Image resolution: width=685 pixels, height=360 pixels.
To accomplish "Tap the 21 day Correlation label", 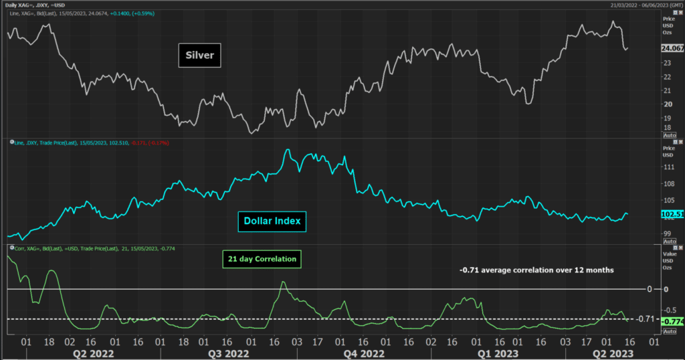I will (262, 259).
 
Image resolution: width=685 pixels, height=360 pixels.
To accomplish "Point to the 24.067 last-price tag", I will (671, 49).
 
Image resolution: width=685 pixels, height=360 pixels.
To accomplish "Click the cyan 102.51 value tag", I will (671, 215).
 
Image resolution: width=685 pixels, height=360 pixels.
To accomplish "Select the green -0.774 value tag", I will (672, 323).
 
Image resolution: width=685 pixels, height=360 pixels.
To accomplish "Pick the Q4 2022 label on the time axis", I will (364, 353).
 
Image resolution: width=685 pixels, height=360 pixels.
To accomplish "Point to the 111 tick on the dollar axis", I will (666, 166).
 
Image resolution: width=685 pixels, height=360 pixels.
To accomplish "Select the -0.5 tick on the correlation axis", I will (668, 309).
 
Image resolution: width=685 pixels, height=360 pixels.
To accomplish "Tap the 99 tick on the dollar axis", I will (666, 234).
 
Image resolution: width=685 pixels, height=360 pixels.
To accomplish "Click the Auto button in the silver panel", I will (670, 134).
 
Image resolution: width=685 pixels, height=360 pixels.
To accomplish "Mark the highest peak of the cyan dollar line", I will (288, 150).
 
